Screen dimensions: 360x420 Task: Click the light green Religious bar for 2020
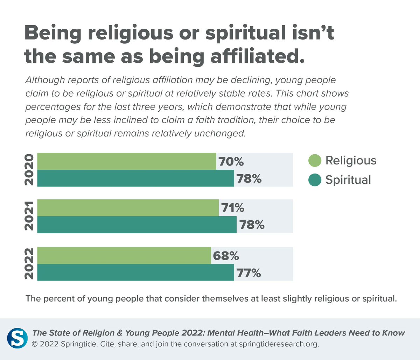[126, 161]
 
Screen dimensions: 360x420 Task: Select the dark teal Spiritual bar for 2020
[135, 178]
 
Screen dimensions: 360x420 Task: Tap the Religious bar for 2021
[128, 208]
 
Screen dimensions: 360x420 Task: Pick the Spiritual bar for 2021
[137, 225]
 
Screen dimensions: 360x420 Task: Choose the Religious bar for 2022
[124, 255]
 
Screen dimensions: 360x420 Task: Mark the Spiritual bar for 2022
[135, 272]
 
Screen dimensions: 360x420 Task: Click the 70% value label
[231, 162]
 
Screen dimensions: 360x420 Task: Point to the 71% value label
[233, 208]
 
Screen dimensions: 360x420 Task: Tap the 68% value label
[226, 256]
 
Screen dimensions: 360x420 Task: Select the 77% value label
[249, 273]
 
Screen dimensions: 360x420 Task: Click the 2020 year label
[29, 170]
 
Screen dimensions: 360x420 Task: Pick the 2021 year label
[29, 216]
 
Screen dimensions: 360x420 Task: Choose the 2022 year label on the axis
[29, 264]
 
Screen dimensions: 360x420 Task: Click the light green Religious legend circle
[315, 161]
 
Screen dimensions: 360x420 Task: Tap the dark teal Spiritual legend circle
[315, 180]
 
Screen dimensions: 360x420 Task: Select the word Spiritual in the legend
[348, 180]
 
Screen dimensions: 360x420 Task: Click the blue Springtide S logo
[17, 338]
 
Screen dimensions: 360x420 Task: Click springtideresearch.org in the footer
[279, 344]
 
